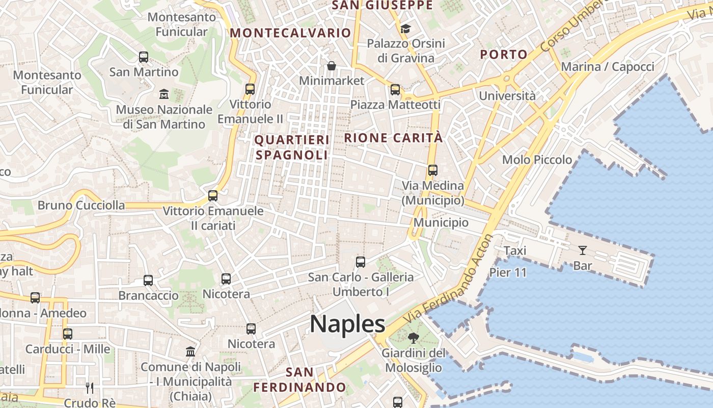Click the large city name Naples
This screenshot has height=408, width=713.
coord(347,324)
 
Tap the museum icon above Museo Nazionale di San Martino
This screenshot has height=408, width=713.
coord(164,94)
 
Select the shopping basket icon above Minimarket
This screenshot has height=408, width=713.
coord(332,66)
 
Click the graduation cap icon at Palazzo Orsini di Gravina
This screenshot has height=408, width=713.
coord(405,29)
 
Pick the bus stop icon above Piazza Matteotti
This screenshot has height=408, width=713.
coord(395,90)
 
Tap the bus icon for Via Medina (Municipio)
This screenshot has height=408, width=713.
coord(433,170)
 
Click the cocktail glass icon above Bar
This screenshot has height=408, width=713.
coord(583,250)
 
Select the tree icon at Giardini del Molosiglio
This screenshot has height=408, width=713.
coord(413,338)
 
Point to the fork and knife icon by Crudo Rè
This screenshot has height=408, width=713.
coord(90,388)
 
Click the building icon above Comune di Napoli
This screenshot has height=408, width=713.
coord(190,351)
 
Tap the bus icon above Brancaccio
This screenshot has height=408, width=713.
coord(148,280)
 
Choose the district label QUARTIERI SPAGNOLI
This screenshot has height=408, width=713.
coord(292,147)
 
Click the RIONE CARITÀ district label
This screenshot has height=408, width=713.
coord(394,138)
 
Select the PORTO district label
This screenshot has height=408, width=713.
coord(504,55)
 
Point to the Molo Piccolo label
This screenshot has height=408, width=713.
coord(537,160)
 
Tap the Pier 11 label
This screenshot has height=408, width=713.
coord(508,272)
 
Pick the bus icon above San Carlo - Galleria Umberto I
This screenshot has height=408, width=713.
coord(361,262)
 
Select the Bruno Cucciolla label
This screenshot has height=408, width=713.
coord(81,206)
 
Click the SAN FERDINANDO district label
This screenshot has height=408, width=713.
coord(300,379)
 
